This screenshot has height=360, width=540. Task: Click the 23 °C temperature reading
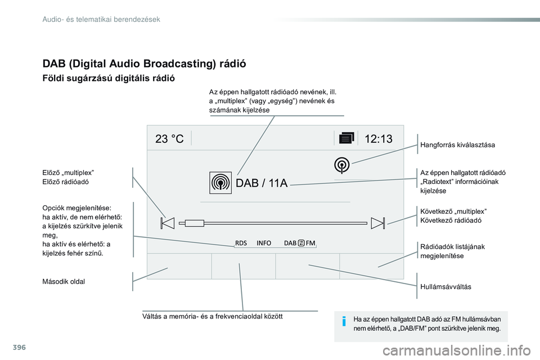(169, 139)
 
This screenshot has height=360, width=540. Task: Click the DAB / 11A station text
(262, 183)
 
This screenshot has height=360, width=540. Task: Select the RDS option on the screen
(241, 243)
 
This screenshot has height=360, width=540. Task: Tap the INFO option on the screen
(264, 243)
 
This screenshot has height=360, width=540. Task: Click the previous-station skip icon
(167, 223)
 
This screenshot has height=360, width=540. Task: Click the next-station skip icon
(377, 223)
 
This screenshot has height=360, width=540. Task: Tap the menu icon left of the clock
(346, 139)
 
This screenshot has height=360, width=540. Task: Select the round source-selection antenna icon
(342, 165)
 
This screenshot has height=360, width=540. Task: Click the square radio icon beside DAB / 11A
(220, 183)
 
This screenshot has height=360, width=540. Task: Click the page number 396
(12, 345)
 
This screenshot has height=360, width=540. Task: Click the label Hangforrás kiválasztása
(457, 145)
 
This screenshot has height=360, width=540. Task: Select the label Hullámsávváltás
(445, 287)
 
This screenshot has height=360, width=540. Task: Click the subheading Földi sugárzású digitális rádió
(109, 79)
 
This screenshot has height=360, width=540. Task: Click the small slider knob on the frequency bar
(193, 223)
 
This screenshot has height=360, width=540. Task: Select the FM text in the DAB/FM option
(310, 243)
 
